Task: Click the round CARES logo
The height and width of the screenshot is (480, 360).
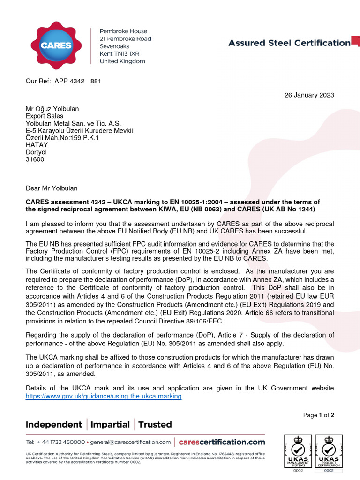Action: point(56,45)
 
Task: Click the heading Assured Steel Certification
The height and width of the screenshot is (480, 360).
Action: point(289,43)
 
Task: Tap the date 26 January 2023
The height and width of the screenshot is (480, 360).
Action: point(309,95)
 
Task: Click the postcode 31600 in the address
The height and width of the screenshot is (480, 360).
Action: point(35,159)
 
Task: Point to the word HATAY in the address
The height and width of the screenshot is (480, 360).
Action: point(36,145)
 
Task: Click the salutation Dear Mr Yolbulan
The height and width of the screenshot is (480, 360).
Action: point(52,188)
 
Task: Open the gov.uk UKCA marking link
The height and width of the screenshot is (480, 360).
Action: point(103,396)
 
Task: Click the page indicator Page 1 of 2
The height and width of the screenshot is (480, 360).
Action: point(318,415)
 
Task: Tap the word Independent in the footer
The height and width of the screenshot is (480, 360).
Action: point(53,425)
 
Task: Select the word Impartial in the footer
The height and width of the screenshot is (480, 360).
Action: point(110,425)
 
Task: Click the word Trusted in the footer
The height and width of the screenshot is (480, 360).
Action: point(155,425)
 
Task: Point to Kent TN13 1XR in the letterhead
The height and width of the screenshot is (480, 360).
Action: point(120,54)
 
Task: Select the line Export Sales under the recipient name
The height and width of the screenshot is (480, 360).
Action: point(44,116)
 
